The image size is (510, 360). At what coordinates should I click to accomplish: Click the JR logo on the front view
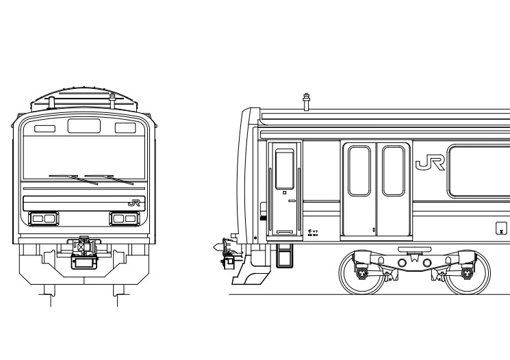(x=133, y=203)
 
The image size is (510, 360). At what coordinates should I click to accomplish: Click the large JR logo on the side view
(x=431, y=162)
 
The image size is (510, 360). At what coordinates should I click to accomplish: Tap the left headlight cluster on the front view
(x=44, y=218)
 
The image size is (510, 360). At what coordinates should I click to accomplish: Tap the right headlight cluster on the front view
(x=125, y=218)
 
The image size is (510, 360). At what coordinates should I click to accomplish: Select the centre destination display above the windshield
(x=84, y=126)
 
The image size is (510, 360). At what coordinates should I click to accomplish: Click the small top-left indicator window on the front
(x=45, y=128)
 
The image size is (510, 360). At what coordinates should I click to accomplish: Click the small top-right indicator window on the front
(x=125, y=128)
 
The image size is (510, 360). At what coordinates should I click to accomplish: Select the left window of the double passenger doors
(x=359, y=170)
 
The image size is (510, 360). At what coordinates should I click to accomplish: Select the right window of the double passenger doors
(x=393, y=170)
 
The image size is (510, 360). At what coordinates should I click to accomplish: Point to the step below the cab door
(x=284, y=255)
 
